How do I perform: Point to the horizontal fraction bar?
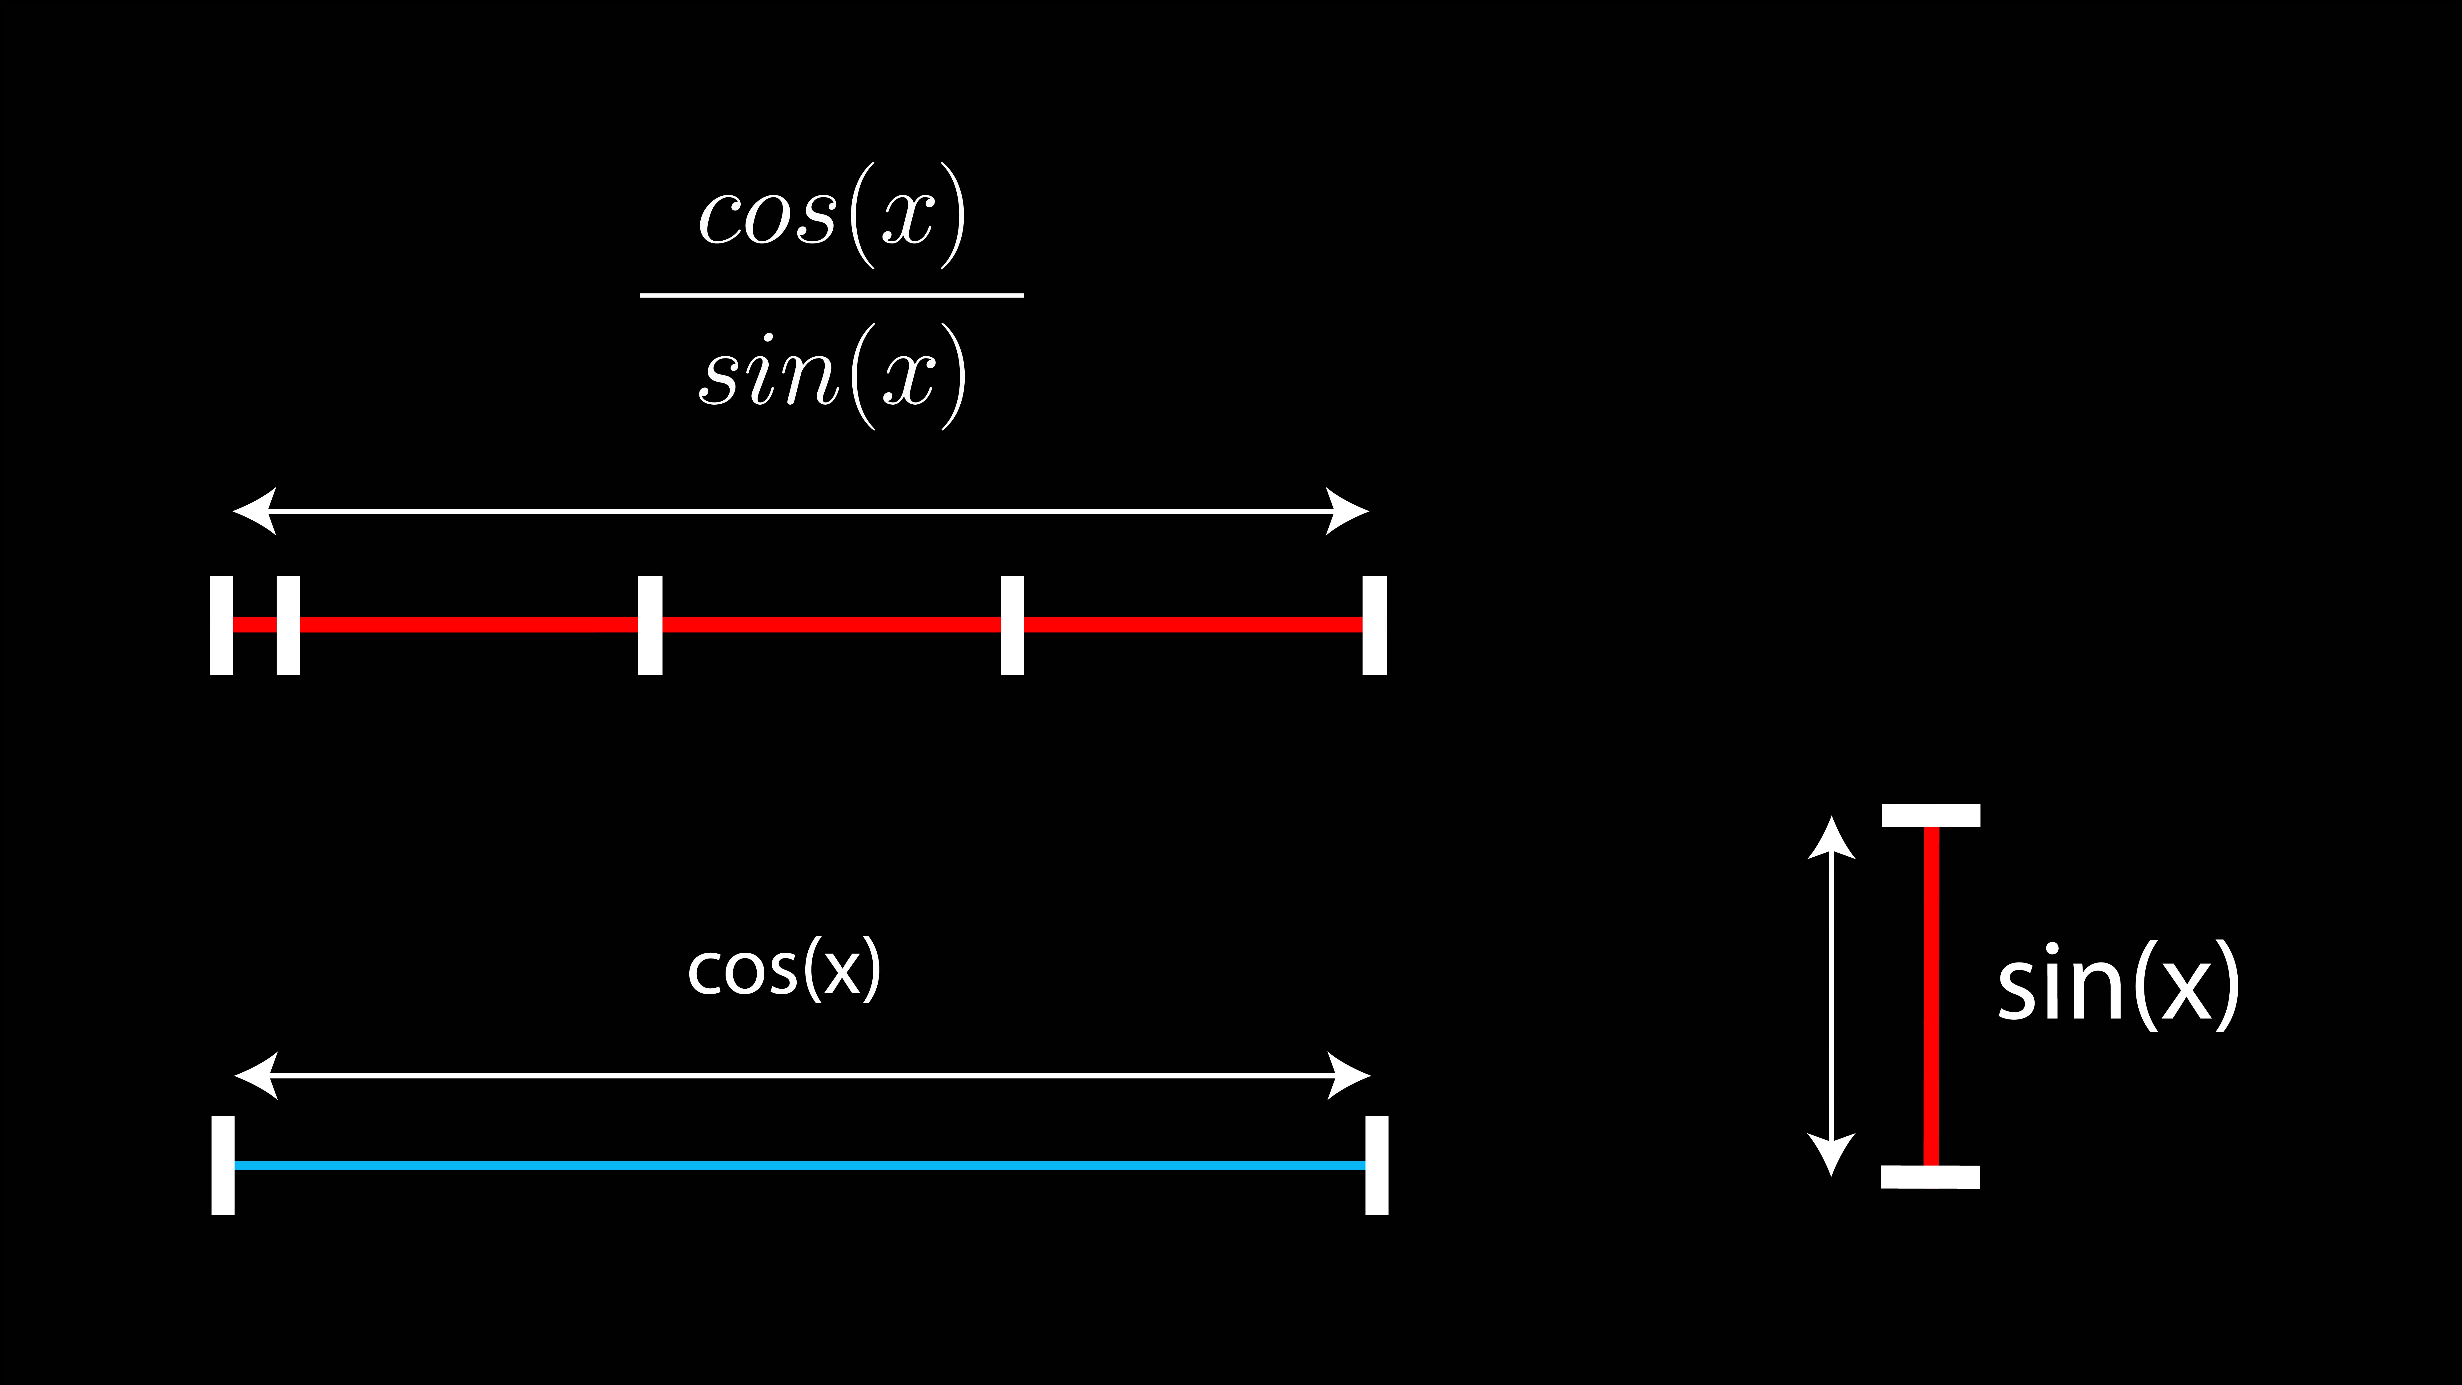(x=831, y=295)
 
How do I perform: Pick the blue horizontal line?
(x=800, y=1165)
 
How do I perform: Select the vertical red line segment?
(x=1931, y=996)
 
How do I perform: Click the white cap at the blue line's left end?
(x=223, y=1165)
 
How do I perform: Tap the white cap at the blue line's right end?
(x=1376, y=1165)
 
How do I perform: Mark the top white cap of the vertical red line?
(x=1931, y=815)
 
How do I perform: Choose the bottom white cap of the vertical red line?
(x=1931, y=1177)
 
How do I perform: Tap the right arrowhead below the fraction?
(x=1347, y=511)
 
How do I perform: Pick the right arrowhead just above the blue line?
(x=1350, y=1075)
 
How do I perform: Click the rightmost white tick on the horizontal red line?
(x=1374, y=625)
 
